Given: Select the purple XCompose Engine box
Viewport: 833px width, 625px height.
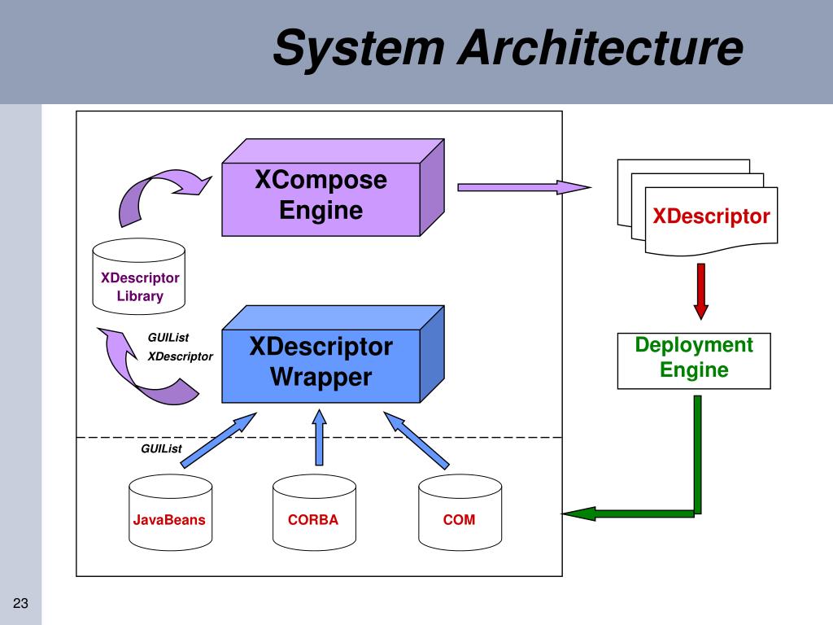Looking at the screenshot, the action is click(x=333, y=188).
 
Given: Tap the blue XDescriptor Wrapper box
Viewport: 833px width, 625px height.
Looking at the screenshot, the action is click(x=333, y=354).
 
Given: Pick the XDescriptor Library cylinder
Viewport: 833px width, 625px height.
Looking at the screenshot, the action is click(x=138, y=277).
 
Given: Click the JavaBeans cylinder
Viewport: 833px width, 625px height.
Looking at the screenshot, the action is click(x=171, y=513).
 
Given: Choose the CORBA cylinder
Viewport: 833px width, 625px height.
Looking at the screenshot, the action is click(x=314, y=513).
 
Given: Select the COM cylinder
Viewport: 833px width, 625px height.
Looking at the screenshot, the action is click(x=460, y=513).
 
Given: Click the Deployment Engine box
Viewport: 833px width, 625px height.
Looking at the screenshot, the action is click(x=694, y=361).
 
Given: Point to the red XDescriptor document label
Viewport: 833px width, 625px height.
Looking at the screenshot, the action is click(x=711, y=216).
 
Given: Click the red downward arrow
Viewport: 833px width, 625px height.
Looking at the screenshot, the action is click(x=701, y=291).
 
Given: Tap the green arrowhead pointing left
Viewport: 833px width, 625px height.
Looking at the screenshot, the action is click(x=579, y=514).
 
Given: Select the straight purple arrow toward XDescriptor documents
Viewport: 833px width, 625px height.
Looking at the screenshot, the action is click(x=525, y=187).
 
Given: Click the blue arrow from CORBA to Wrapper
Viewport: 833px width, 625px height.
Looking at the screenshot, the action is click(x=319, y=437).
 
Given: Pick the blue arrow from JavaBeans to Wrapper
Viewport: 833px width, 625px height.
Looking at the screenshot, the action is click(x=219, y=440).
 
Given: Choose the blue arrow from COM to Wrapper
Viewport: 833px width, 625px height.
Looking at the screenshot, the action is click(x=416, y=440).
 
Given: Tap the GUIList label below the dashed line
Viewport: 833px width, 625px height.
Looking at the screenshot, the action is click(x=162, y=448).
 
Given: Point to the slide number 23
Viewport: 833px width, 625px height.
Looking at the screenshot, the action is click(x=20, y=603).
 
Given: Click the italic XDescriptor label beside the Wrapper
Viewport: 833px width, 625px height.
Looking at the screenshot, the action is click(x=180, y=356).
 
